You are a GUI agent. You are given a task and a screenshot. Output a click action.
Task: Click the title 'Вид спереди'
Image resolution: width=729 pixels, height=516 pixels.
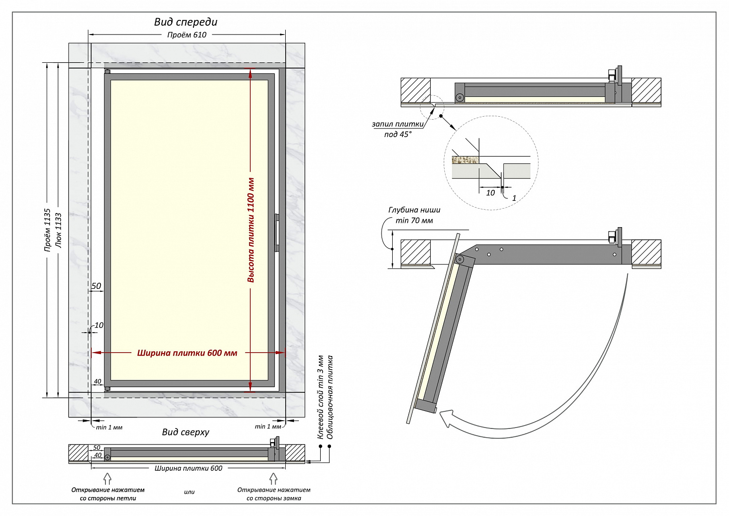click(186, 22)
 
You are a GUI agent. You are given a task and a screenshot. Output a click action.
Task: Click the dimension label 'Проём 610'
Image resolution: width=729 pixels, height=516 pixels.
click(187, 35)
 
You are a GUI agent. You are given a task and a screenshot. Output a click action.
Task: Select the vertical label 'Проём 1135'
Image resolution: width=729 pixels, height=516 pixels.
click(48, 230)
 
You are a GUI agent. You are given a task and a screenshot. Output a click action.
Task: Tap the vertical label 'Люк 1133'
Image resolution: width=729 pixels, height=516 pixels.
click(59, 230)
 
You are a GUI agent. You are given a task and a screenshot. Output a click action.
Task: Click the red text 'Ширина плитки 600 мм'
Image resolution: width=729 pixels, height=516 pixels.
click(187, 353)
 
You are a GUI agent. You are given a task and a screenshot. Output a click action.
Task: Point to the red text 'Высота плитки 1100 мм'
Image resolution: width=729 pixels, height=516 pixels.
click(251, 230)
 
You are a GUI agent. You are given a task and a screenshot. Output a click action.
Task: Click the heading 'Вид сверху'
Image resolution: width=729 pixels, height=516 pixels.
click(186, 432)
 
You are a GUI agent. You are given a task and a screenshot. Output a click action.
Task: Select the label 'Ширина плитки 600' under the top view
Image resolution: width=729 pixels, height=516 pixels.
click(189, 468)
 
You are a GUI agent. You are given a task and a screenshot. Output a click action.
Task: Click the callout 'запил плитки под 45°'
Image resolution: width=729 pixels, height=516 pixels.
click(398, 129)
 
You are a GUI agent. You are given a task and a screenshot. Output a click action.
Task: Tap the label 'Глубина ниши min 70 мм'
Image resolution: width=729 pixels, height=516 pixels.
click(414, 215)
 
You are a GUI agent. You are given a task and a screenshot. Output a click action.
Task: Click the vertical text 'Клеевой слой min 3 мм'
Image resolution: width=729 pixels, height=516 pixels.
click(320, 397)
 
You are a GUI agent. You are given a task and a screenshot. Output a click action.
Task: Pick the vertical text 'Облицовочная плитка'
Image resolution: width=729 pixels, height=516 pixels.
click(330, 397)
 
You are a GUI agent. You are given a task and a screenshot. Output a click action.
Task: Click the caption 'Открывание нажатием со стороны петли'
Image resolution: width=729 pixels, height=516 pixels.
click(108, 494)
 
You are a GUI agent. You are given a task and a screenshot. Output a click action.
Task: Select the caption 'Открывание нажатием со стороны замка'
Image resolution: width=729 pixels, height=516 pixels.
click(274, 494)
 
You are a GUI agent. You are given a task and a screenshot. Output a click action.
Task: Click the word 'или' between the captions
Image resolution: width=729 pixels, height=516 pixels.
click(189, 492)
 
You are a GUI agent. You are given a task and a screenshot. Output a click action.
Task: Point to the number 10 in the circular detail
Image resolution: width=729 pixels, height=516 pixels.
click(490, 193)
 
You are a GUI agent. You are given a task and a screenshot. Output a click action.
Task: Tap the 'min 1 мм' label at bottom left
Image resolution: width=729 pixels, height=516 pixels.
click(109, 427)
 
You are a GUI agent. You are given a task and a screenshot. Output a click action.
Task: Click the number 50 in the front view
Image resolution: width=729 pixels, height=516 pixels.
click(96, 286)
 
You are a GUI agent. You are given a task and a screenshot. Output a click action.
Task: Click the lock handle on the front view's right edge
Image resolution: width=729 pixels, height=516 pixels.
click(277, 232)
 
